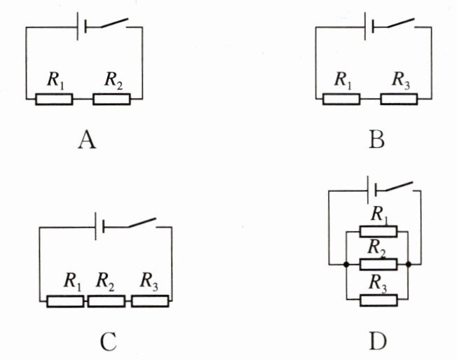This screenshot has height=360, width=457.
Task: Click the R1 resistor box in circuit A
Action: click(x=54, y=99)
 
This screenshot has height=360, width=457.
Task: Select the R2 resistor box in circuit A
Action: click(x=111, y=99)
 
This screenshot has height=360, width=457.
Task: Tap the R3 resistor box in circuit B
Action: click(x=399, y=99)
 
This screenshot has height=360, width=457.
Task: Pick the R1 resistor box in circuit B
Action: click(x=341, y=99)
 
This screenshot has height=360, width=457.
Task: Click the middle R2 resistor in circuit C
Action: click(x=107, y=301)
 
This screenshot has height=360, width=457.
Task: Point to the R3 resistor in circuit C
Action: click(x=150, y=301)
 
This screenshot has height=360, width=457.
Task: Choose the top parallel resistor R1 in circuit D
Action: click(x=378, y=232)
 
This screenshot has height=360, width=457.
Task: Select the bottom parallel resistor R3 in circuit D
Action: click(x=378, y=300)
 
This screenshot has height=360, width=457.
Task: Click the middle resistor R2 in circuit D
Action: click(x=378, y=265)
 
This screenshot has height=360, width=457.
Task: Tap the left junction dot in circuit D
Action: click(x=346, y=265)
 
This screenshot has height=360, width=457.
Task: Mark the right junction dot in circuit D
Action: click(x=409, y=265)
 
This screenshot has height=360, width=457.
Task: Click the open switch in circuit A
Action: click(x=114, y=23)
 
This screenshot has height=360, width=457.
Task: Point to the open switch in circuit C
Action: click(x=142, y=223)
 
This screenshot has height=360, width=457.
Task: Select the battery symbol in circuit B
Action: click(x=369, y=27)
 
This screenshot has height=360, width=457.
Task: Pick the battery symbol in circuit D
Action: click(x=371, y=190)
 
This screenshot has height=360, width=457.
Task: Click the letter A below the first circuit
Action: click(x=87, y=140)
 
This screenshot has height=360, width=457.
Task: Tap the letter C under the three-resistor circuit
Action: click(x=109, y=341)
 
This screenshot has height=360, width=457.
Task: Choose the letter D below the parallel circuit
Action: click(x=378, y=341)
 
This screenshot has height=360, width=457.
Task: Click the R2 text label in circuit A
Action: click(x=114, y=80)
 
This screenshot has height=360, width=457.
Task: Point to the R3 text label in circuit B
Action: click(x=401, y=80)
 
